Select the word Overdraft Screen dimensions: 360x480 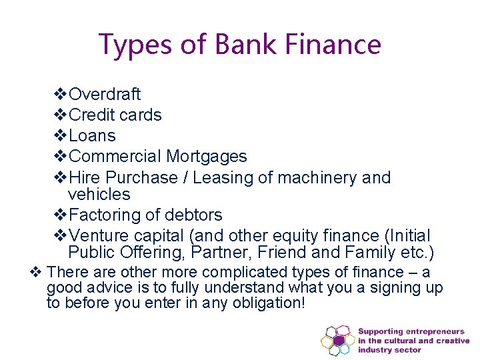tap(105, 95)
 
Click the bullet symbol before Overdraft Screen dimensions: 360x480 tap(60, 95)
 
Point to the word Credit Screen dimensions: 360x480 tap(92, 115)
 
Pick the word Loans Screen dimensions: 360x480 tap(92, 136)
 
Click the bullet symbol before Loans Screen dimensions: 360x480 tap(60, 136)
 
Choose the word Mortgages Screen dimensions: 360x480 tap(207, 157)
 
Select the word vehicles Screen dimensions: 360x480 tap(99, 195)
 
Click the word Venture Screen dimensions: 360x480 tap(98, 236)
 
